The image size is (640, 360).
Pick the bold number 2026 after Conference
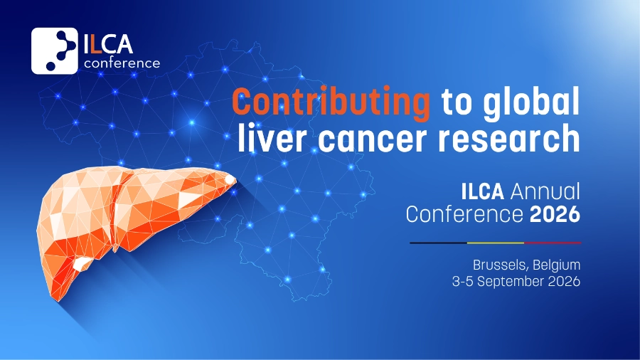click(x=555, y=214)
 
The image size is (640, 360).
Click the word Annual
click(x=545, y=191)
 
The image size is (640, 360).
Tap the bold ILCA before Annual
click(x=482, y=191)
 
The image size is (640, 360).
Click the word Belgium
click(x=556, y=265)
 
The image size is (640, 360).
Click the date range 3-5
click(x=462, y=281)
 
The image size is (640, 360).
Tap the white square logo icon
click(x=54, y=51)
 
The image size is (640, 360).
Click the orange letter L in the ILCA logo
click(x=95, y=45)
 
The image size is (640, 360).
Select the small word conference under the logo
click(x=122, y=63)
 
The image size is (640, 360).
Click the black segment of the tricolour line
click(x=438, y=243)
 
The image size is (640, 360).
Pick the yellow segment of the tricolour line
click(x=496, y=243)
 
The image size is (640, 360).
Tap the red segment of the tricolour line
click(x=553, y=243)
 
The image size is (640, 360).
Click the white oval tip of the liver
click(x=230, y=179)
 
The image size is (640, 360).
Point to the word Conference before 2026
click(x=464, y=214)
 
